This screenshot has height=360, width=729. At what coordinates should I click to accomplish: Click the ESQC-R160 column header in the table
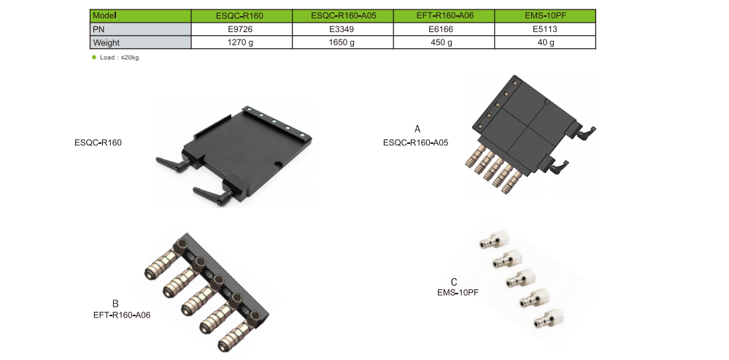tap(241, 15)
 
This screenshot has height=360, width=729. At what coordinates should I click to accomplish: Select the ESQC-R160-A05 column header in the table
tap(342, 15)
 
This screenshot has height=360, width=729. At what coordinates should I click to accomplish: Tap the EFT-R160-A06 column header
tap(444, 15)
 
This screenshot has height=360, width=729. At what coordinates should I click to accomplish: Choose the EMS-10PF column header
tap(545, 15)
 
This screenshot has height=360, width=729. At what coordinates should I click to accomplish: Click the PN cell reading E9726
tap(241, 29)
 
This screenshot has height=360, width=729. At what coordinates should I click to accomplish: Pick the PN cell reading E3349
tap(342, 29)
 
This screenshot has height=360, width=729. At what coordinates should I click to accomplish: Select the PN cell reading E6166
tap(444, 29)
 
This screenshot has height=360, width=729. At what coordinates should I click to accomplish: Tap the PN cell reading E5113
tap(545, 29)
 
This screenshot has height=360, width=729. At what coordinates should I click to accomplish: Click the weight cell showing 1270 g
tap(241, 42)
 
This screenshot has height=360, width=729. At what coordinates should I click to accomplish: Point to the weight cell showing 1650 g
tap(342, 42)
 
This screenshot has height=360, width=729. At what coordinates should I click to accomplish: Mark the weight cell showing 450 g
tap(444, 42)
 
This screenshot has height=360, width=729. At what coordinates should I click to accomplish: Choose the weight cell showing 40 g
tap(545, 42)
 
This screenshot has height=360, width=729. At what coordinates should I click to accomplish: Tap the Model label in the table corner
tap(105, 15)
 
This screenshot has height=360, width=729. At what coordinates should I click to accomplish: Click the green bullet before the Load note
tap(93, 57)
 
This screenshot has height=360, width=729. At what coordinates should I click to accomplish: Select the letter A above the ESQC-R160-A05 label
tap(417, 129)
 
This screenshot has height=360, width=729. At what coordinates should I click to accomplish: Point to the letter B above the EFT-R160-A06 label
tap(115, 304)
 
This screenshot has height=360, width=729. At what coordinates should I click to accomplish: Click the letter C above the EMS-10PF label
tap(454, 282)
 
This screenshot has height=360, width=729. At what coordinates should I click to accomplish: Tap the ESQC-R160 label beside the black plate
tap(98, 142)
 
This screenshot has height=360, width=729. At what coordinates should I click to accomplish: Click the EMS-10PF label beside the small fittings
tap(458, 292)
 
